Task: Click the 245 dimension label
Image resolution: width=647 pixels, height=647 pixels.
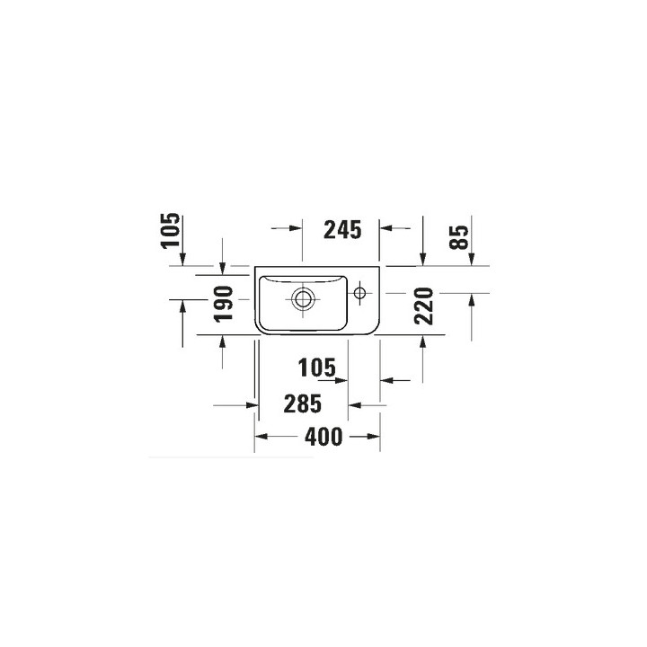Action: click(x=342, y=230)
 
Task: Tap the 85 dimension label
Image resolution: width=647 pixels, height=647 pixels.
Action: click(x=459, y=237)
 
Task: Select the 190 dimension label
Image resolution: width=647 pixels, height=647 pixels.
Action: click(x=223, y=304)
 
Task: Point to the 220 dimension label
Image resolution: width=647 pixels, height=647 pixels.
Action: click(x=424, y=306)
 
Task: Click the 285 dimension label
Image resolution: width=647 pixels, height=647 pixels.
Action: click(x=303, y=404)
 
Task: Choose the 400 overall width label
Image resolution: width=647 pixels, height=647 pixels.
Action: click(x=323, y=437)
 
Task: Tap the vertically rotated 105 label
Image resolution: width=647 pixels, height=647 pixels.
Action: click(x=171, y=230)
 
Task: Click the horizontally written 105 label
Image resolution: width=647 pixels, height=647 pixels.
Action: click(x=317, y=368)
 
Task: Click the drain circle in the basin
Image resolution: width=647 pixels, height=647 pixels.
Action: click(x=303, y=298)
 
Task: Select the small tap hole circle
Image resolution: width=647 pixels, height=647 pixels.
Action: click(x=359, y=293)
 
